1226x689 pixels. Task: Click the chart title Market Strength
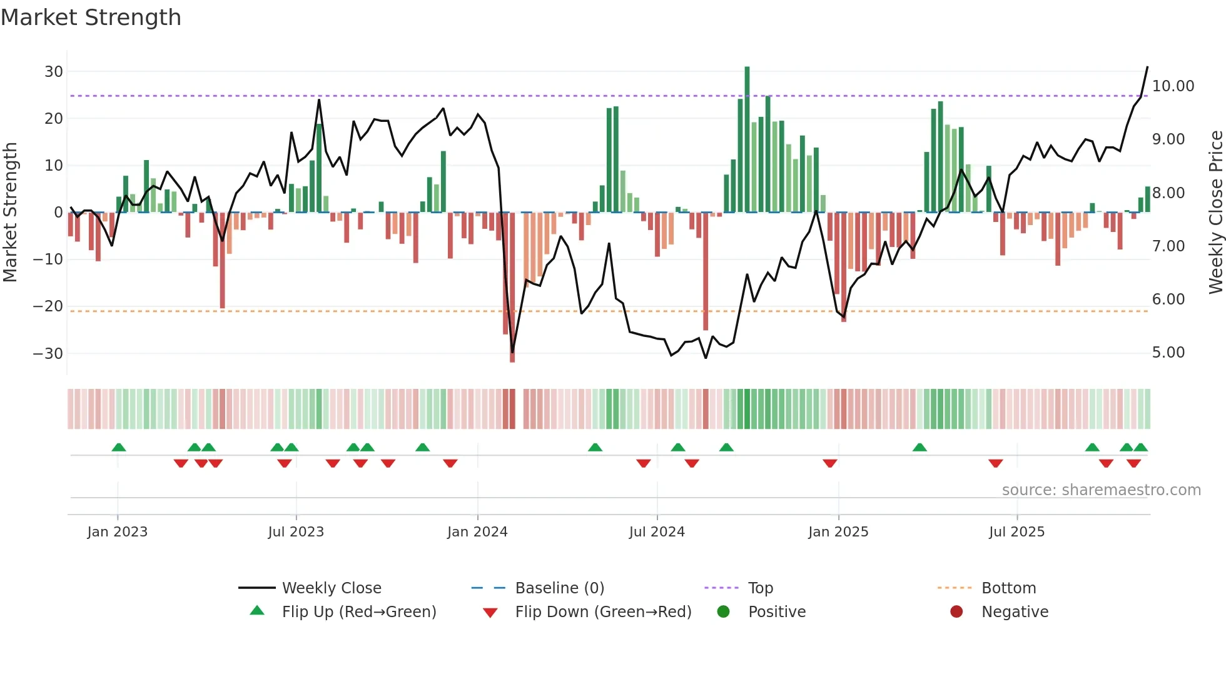tap(91, 18)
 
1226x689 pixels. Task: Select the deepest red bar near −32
tap(512, 288)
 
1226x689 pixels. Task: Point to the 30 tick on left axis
tap(54, 71)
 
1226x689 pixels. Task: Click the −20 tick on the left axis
tap(48, 306)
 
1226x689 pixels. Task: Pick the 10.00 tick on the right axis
tap(1173, 86)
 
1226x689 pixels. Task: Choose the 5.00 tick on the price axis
tap(1168, 353)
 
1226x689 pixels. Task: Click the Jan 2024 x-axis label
tap(477, 532)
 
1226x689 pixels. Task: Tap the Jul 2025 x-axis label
tap(1016, 532)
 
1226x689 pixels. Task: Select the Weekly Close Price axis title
tap(1215, 212)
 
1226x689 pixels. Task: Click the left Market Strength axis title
tap(10, 212)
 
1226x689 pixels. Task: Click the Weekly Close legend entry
tap(331, 588)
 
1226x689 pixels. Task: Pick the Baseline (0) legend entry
tap(559, 588)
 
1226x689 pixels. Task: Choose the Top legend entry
tap(760, 588)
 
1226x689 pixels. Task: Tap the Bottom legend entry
tap(1008, 588)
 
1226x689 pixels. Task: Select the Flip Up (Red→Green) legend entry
tap(358, 612)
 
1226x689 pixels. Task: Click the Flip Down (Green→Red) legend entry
tap(603, 612)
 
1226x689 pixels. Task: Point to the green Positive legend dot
tap(724, 612)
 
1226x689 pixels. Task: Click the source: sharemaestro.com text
tap(1101, 490)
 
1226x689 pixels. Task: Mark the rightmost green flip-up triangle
tap(1140, 448)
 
